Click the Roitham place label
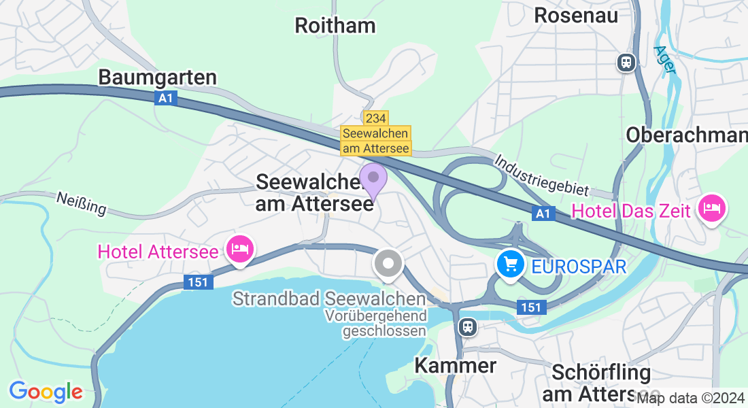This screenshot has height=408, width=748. (x=335, y=26)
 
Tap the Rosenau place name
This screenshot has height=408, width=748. (x=576, y=15)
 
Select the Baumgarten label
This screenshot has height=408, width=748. (x=157, y=78)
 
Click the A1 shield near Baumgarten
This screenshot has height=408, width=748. (x=165, y=99)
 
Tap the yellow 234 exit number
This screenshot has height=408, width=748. (x=376, y=118)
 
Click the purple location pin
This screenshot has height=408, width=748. (x=373, y=180)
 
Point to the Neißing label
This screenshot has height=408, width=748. (x=81, y=203)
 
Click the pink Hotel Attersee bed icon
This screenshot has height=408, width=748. (x=241, y=250)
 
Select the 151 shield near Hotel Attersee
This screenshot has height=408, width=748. (x=198, y=282)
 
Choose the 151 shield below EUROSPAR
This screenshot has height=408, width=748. (x=531, y=307)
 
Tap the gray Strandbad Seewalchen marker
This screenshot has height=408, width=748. (x=388, y=264)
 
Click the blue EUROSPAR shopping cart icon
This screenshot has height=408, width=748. (x=511, y=264)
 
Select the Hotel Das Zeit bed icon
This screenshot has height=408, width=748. (x=712, y=207)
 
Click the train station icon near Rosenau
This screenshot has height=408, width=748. (x=626, y=63)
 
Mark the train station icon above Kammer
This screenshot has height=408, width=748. (x=467, y=327)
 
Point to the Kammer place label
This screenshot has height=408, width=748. (x=456, y=366)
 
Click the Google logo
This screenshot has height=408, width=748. (x=46, y=392)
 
